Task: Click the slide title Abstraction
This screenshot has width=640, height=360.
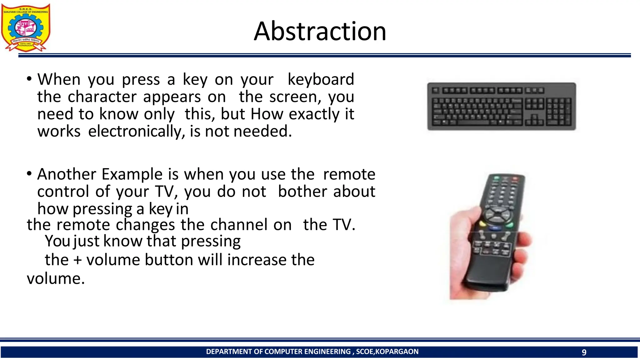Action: (320, 31)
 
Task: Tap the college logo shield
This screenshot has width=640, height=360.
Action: (26, 27)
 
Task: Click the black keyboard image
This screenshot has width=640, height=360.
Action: (501, 106)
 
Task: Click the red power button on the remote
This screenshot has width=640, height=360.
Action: (514, 179)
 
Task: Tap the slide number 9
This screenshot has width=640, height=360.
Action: (584, 352)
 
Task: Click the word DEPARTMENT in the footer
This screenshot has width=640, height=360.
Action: (229, 352)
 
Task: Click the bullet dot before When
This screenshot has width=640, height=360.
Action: (29, 79)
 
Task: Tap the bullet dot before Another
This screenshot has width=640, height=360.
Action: (29, 173)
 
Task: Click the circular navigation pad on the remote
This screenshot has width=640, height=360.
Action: (498, 215)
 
